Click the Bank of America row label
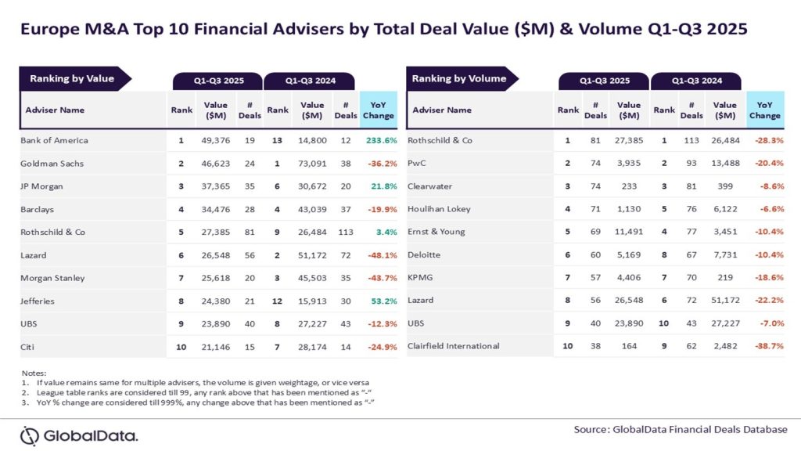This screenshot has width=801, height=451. click(x=54, y=140)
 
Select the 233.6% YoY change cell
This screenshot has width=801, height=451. click(x=379, y=140)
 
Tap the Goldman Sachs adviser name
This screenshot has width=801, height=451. click(x=52, y=163)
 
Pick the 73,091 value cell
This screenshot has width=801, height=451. click(x=312, y=163)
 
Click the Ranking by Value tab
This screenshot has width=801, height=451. click(x=72, y=78)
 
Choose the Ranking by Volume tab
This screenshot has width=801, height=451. click(x=459, y=78)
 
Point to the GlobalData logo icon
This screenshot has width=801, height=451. click(x=30, y=435)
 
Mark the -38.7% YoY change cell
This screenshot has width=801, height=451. click(x=764, y=345)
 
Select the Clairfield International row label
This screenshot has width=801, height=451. click(x=454, y=345)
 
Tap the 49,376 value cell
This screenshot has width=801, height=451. click(x=216, y=140)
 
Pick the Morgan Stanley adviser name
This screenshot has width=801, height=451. click(x=52, y=277)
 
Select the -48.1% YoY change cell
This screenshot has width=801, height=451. click(x=379, y=254)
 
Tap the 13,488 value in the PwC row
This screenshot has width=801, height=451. click(x=725, y=163)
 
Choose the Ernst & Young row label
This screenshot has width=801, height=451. click(x=436, y=232)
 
